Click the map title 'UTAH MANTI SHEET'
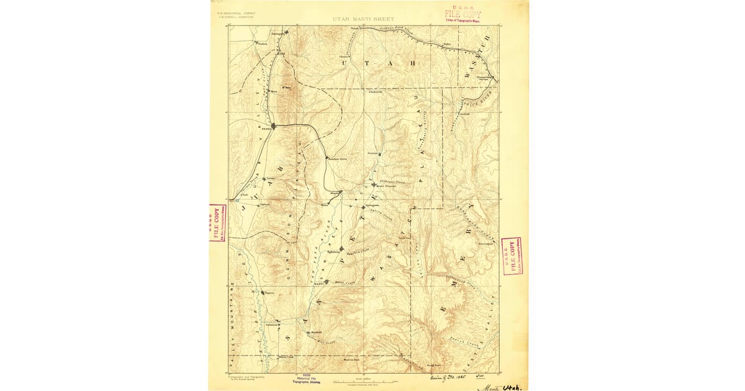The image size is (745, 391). point(372,19)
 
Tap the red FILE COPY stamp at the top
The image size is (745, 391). point(462,13)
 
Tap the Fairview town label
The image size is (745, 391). point(373,152)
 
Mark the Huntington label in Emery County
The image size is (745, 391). point(485,244)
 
